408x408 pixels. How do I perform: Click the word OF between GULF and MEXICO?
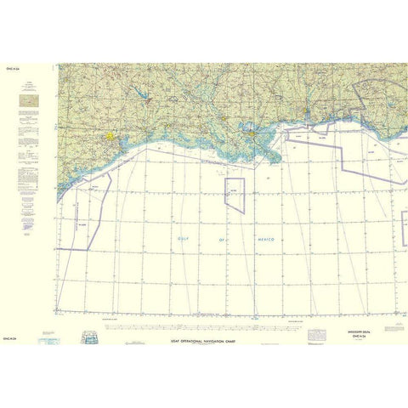pyautogui.click(x=223, y=241)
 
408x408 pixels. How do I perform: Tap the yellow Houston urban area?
pyautogui.click(x=110, y=135)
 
